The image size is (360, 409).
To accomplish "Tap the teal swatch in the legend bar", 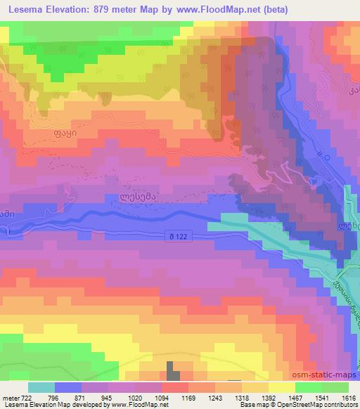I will pos(41,387).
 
